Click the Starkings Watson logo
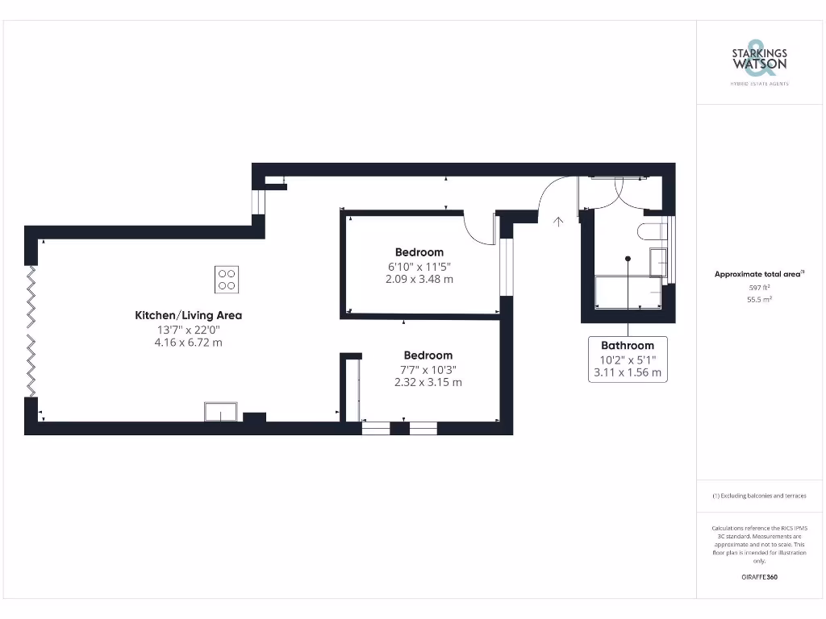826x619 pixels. pyautogui.click(x=758, y=58)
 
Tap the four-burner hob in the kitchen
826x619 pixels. pyautogui.click(x=227, y=279)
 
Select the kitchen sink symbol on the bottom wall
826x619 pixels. pyautogui.click(x=220, y=412)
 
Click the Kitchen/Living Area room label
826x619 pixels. pyautogui.click(x=188, y=315)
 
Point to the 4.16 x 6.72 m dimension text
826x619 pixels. pyautogui.click(x=188, y=343)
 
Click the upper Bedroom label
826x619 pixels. pyautogui.click(x=419, y=252)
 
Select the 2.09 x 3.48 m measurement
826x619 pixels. pyautogui.click(x=419, y=279)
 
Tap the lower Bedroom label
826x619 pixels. pyautogui.click(x=428, y=355)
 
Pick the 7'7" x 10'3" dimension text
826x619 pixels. pyautogui.click(x=428, y=369)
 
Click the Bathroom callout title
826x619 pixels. pyautogui.click(x=628, y=346)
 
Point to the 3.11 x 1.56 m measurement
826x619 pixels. pyautogui.click(x=628, y=372)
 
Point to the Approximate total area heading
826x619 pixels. pyautogui.click(x=758, y=274)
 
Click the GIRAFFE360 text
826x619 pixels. pyautogui.click(x=758, y=577)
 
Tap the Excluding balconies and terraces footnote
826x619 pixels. pyautogui.click(x=758, y=496)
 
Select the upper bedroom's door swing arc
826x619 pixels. pyautogui.click(x=481, y=230)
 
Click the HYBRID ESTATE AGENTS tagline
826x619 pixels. pyautogui.click(x=758, y=84)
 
